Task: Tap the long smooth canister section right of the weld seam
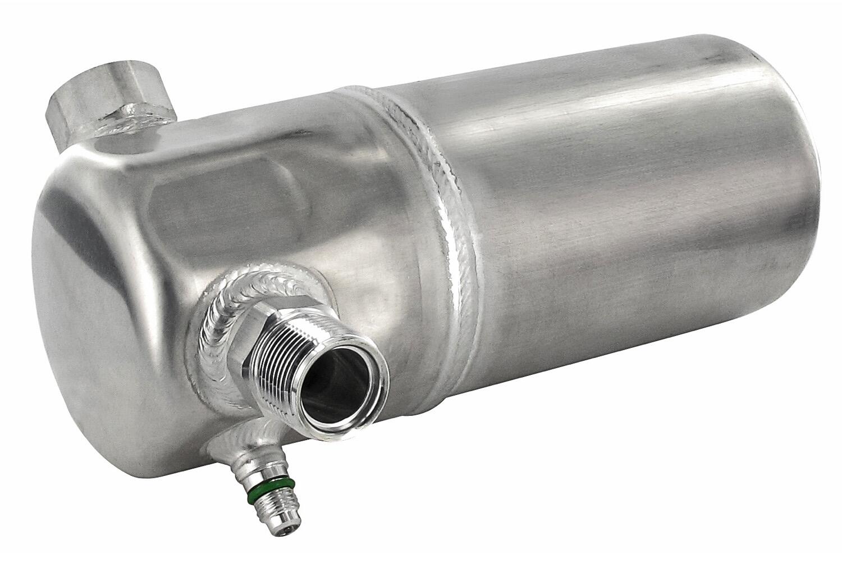point(617,225)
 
